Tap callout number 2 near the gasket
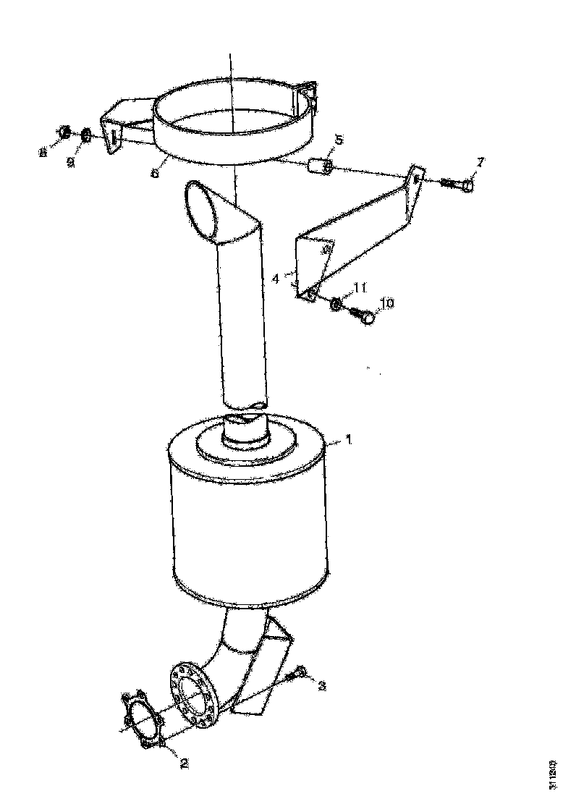(x=184, y=762)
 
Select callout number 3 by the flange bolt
(x=322, y=685)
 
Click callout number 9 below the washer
(x=71, y=163)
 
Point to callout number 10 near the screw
(x=386, y=304)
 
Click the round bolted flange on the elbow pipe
(x=192, y=693)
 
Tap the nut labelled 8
(x=64, y=132)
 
